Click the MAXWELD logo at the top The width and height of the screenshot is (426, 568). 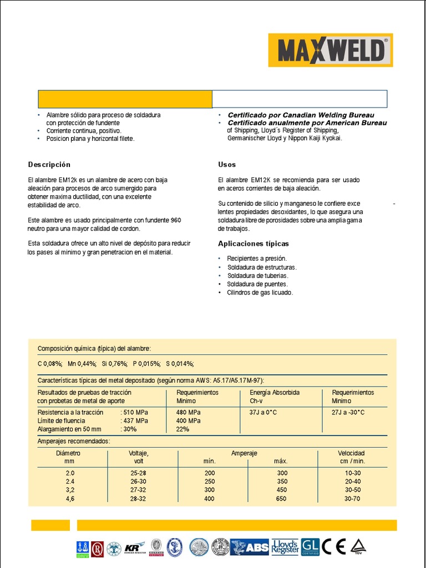coord(331,50)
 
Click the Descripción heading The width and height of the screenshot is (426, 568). coord(49,165)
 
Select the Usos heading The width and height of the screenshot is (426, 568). coord(227,165)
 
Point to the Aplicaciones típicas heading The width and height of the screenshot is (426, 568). coord(253,244)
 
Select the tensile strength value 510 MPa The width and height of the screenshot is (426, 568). coord(135,413)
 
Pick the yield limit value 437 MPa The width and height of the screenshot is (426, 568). coord(135,421)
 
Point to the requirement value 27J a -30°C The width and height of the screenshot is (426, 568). coord(348,413)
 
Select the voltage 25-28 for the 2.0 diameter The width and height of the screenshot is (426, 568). coord(138,473)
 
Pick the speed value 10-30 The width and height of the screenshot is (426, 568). coord(352,473)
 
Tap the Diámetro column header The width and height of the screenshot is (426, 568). coord(68,453)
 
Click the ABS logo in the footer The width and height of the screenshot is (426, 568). coord(250,547)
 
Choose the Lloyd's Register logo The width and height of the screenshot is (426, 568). coord(285,547)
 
